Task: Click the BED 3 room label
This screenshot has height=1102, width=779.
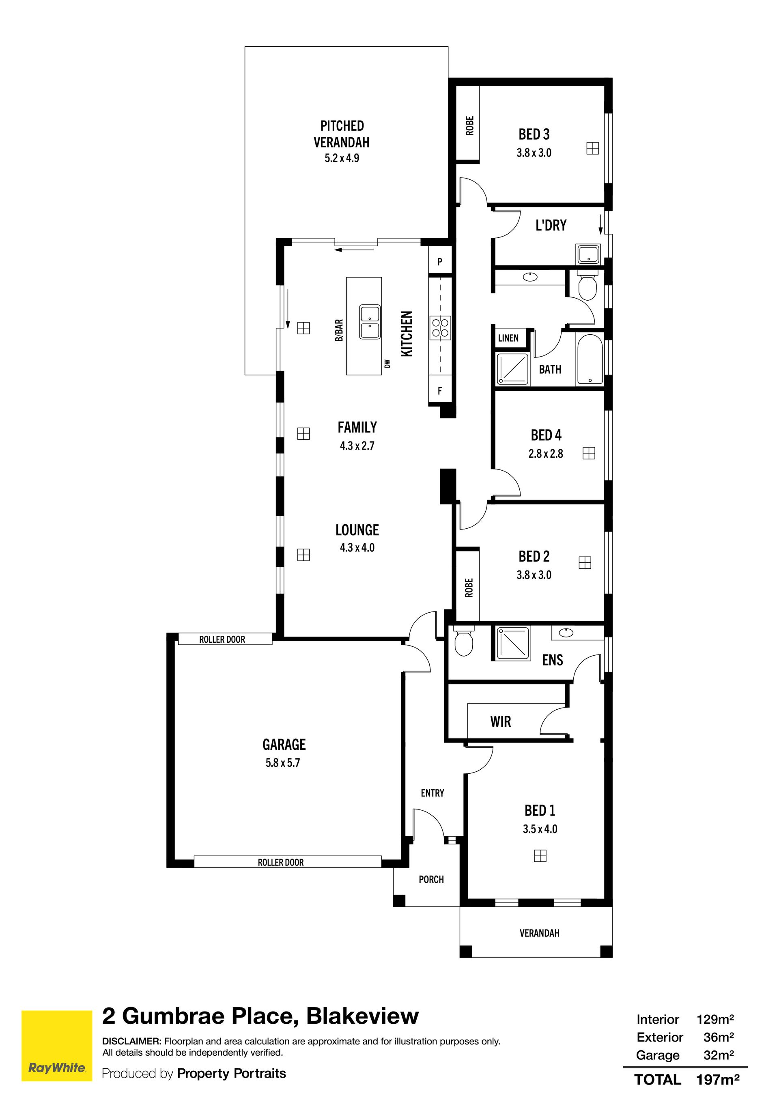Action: pos(534,134)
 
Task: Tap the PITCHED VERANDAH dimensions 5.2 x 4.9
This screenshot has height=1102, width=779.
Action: pos(342,158)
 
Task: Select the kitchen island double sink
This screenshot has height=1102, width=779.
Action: pos(370,322)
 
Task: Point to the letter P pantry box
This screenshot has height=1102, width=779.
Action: pos(440,262)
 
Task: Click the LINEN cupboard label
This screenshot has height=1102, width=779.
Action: pos(508,338)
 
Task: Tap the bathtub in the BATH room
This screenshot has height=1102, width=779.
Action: pos(590,359)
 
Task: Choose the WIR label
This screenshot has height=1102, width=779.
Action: pos(501,721)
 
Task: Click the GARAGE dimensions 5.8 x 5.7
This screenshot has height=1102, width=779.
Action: pos(283,763)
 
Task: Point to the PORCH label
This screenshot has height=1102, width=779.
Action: pos(431,879)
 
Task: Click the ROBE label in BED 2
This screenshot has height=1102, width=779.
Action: pos(469,588)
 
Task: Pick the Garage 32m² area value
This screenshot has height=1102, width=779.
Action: pos(719,1055)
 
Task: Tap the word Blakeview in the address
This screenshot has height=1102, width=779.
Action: pos(362,1016)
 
